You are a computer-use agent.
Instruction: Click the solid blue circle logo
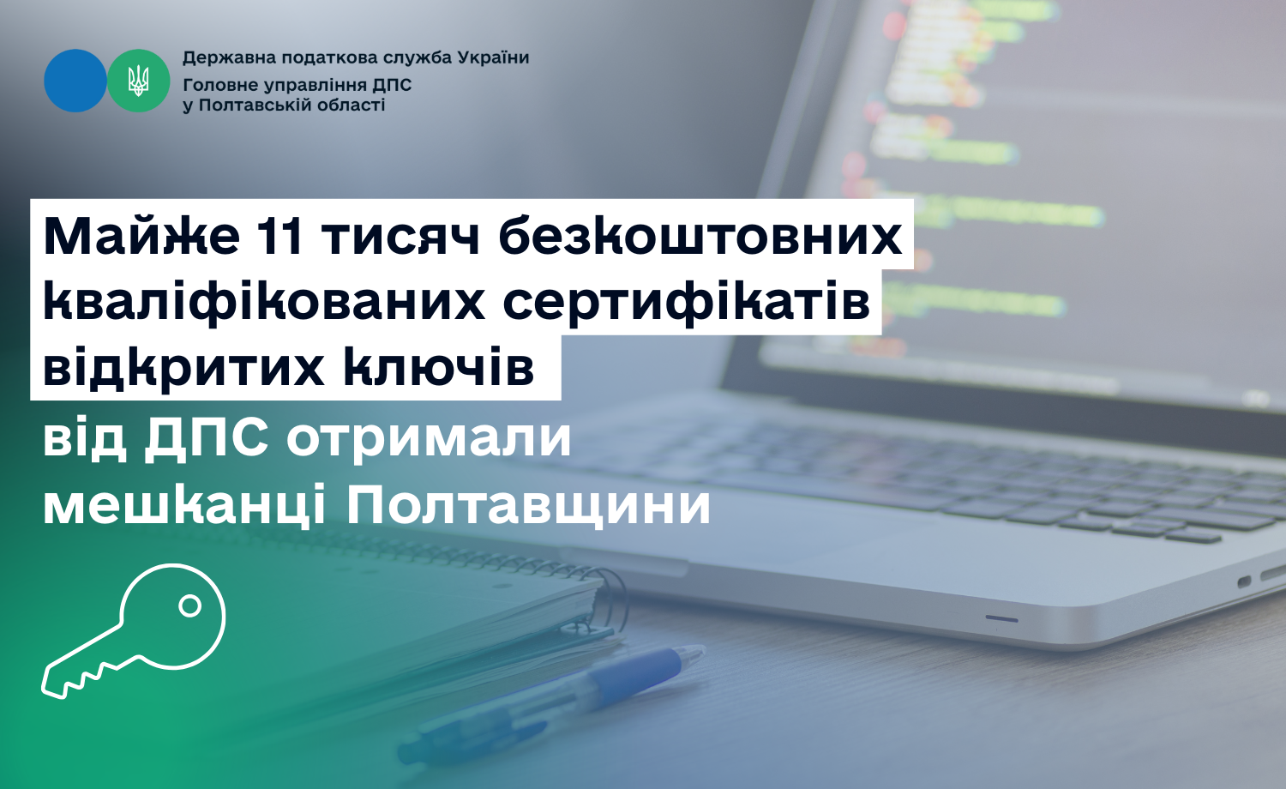tap(75, 81)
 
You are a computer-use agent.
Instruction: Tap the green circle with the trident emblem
tap(138, 81)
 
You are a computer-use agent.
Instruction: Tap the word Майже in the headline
tap(141, 238)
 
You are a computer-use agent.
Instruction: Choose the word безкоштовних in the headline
tap(700, 237)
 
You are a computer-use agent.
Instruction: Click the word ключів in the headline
tap(439, 368)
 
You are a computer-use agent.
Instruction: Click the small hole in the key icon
tap(190, 605)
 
